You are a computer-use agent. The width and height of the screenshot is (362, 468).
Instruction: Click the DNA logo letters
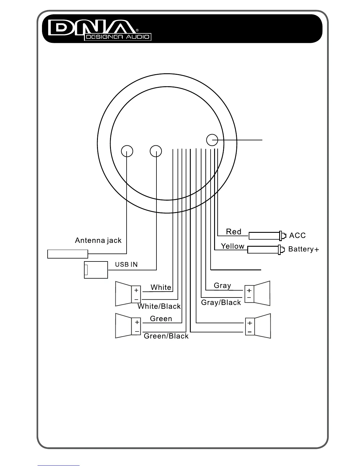(92, 27)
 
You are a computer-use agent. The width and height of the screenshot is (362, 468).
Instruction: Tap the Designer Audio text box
(118, 37)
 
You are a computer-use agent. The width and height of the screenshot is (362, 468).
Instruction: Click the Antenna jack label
(98, 240)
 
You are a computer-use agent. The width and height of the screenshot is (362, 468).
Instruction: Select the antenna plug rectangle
(68, 254)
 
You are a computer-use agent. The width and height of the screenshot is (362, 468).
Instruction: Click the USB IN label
(126, 264)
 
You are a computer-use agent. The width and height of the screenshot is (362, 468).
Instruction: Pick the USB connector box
(96, 270)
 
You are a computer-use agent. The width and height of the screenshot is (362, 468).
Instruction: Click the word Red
(234, 232)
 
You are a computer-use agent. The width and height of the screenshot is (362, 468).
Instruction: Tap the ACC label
(298, 235)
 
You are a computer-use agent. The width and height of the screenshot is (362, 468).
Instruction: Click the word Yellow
(233, 246)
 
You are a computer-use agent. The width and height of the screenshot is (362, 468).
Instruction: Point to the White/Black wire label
(159, 306)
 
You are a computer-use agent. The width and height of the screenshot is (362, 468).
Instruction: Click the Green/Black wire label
(166, 336)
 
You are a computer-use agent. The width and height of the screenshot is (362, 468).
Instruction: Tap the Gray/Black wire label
(221, 303)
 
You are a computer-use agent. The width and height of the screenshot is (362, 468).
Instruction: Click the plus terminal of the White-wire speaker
(136, 290)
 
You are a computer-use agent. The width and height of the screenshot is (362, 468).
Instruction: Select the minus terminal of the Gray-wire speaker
(249, 298)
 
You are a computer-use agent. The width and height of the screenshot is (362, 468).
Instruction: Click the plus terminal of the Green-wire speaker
(137, 322)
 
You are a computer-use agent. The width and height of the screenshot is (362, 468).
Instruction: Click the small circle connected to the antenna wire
(127, 151)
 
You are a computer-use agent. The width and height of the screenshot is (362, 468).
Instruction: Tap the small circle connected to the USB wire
(156, 151)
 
